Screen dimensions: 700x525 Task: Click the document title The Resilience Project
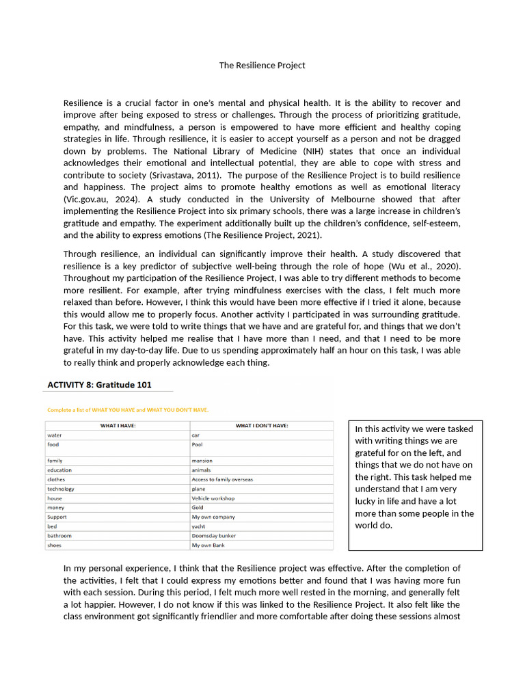pos(262,66)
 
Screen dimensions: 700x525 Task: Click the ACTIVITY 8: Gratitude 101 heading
pos(99,385)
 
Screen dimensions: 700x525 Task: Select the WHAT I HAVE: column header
pos(118,425)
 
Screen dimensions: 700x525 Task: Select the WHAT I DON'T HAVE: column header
pos(262,425)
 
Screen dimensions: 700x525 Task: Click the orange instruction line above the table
pos(128,410)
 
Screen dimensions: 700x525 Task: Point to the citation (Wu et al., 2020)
pos(424,267)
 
